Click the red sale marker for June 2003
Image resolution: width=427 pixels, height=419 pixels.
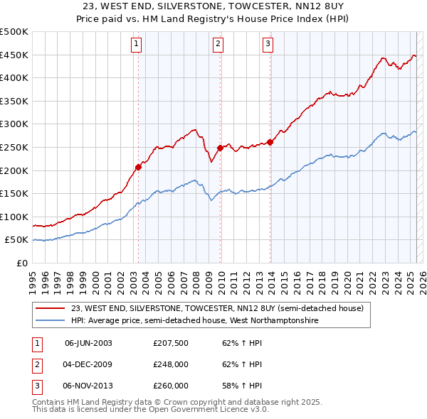[138, 167]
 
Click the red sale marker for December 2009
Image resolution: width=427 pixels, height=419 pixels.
[220, 148]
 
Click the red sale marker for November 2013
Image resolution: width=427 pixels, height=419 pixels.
[270, 142]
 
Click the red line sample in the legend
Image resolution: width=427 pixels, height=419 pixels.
[51, 308]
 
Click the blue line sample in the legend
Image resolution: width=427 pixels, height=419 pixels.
[51, 320]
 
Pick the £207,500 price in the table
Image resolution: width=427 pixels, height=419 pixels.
[170, 343]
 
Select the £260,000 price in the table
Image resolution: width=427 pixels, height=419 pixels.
[170, 386]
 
